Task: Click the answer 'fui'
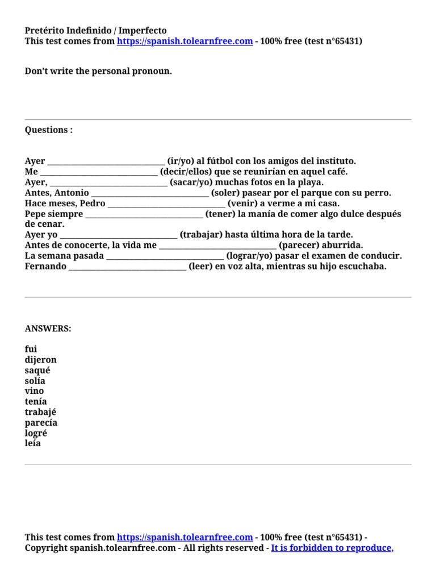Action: click(x=31, y=350)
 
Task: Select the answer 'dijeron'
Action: click(x=40, y=360)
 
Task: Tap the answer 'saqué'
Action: click(x=37, y=371)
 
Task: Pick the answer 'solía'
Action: click(x=35, y=381)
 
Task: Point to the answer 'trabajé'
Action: click(x=40, y=412)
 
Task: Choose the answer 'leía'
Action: click(x=33, y=443)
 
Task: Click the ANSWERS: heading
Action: click(x=48, y=329)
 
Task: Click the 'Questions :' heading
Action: click(x=49, y=130)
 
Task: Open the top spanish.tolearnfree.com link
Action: click(x=185, y=41)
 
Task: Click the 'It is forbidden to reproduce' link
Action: click(x=332, y=548)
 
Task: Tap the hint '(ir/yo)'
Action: click(x=181, y=161)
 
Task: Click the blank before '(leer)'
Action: click(x=127, y=267)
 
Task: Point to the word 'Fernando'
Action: click(x=45, y=267)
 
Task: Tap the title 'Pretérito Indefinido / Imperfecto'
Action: click(x=96, y=31)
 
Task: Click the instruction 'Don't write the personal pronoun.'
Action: click(x=98, y=72)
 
